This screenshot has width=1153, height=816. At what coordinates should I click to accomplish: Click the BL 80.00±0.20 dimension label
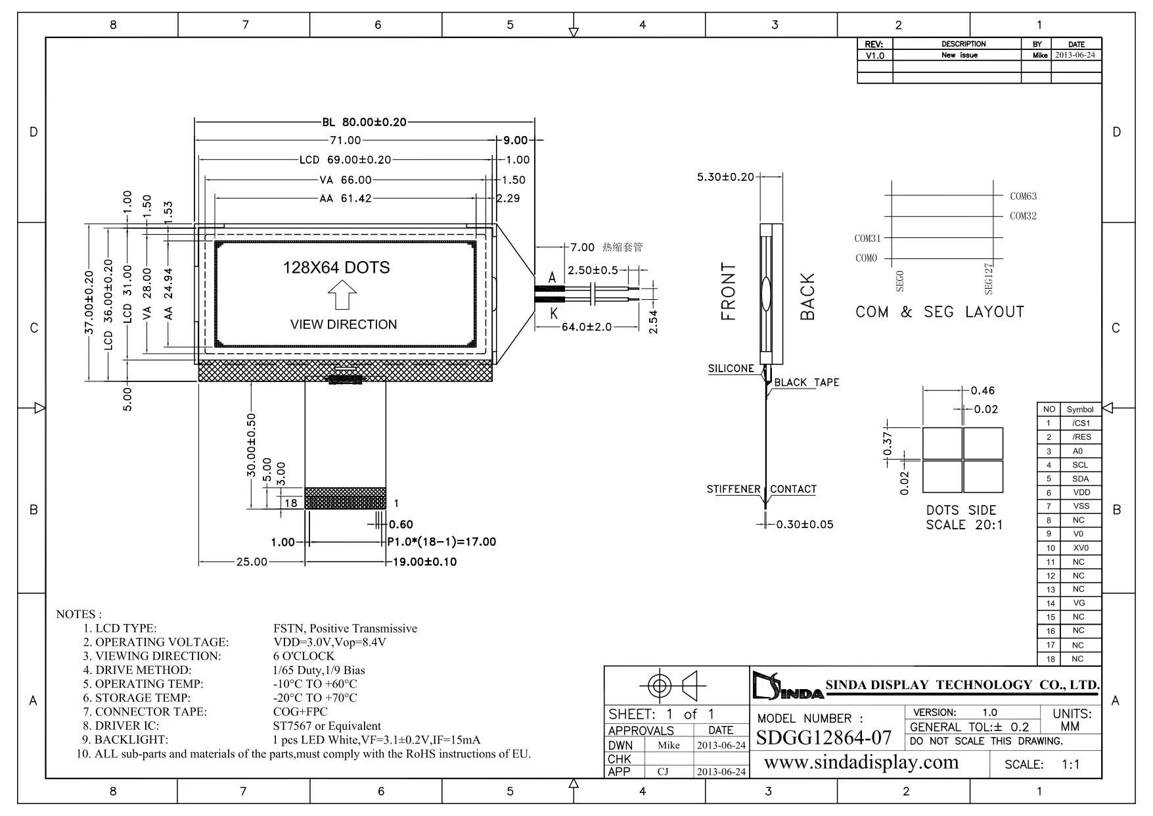point(364,122)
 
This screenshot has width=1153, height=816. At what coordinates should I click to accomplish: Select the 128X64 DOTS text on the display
point(336,268)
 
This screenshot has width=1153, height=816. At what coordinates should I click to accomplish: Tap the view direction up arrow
point(342,295)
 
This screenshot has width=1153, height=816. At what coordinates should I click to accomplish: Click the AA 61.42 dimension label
point(346,198)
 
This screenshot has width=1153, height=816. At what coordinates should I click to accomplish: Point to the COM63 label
point(1023,196)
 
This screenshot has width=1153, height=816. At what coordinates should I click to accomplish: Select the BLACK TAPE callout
point(806,382)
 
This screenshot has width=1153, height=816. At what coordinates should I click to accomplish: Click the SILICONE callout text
point(731,368)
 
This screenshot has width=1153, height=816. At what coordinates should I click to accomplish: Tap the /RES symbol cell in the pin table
point(1081,437)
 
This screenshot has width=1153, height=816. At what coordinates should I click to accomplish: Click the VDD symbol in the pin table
point(1081,492)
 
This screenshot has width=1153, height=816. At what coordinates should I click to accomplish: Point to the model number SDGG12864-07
point(824,738)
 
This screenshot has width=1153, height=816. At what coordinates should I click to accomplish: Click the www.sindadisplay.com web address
point(861,763)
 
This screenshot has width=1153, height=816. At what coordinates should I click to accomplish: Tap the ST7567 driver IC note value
point(327,726)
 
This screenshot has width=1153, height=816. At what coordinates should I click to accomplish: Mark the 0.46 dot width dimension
point(983,391)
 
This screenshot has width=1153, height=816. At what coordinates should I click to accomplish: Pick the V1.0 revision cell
point(875,56)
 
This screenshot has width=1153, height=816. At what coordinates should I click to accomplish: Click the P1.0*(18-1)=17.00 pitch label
point(441,542)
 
